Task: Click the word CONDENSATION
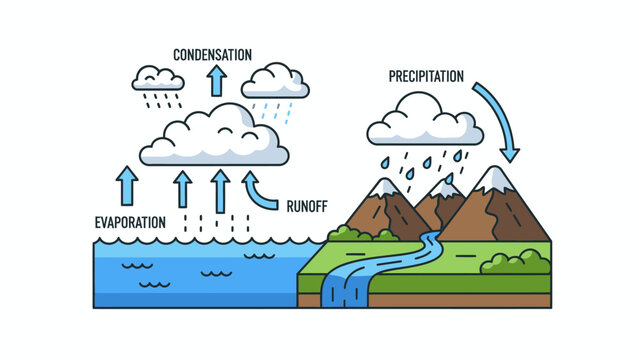click(212, 54)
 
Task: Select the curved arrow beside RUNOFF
click(260, 192)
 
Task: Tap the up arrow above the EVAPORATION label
click(127, 186)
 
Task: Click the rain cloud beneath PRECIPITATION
click(424, 122)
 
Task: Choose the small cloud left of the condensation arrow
click(158, 77)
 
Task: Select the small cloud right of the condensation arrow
click(274, 80)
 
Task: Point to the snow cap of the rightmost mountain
click(496, 179)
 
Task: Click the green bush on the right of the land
click(515, 262)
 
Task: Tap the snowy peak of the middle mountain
click(444, 189)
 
